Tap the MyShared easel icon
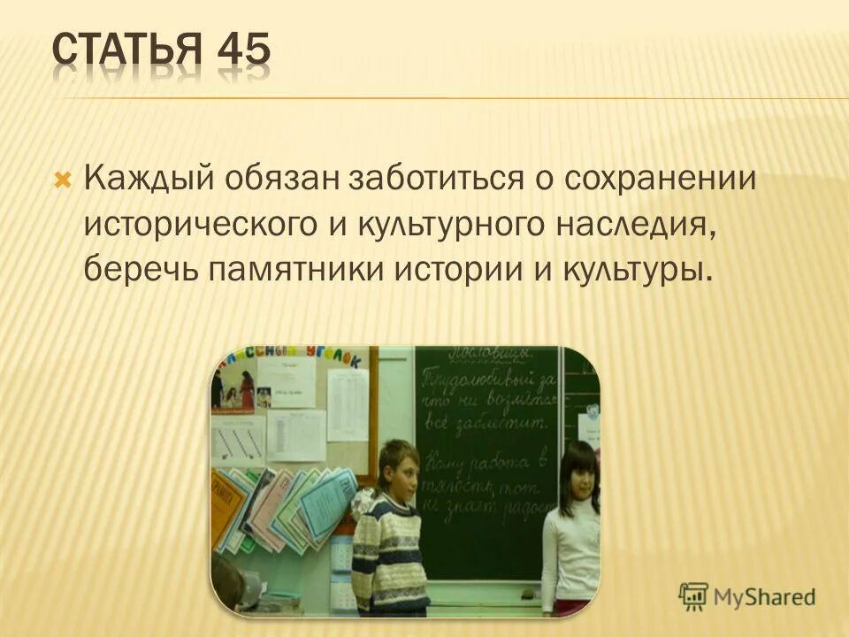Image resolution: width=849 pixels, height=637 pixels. [x=693, y=595]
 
